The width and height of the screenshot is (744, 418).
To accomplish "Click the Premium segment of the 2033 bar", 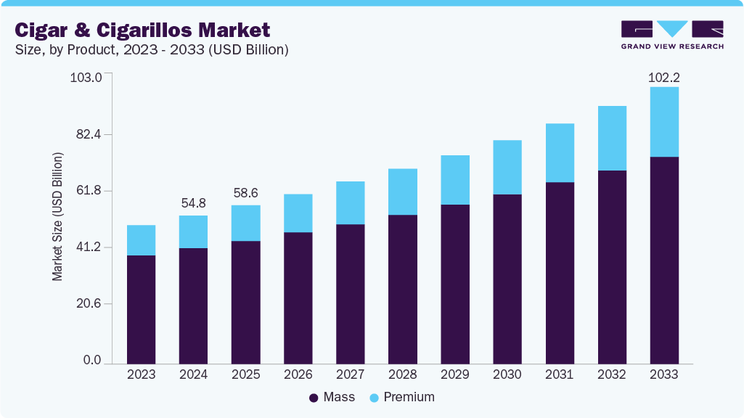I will (663, 122).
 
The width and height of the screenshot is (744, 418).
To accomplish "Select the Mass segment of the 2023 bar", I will (141, 309).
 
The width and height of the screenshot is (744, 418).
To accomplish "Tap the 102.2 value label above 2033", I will (663, 78).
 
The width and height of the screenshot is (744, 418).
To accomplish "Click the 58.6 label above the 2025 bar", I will (245, 194).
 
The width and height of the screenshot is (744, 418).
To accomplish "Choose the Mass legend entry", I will (332, 397).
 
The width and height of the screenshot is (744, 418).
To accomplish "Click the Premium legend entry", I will (402, 397).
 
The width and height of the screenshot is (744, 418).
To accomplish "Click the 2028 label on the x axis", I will (402, 374).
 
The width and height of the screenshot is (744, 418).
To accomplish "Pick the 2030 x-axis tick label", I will (507, 374).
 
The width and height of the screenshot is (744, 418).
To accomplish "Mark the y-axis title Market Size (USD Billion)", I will (57, 217).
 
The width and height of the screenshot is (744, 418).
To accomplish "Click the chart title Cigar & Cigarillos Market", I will (142, 30).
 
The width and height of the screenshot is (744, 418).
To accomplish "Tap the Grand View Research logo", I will (671, 34).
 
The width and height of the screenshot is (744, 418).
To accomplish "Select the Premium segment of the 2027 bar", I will (350, 202).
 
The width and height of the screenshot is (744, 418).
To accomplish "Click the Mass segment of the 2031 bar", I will (559, 272).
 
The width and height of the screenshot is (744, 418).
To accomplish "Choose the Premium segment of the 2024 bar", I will (193, 231).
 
